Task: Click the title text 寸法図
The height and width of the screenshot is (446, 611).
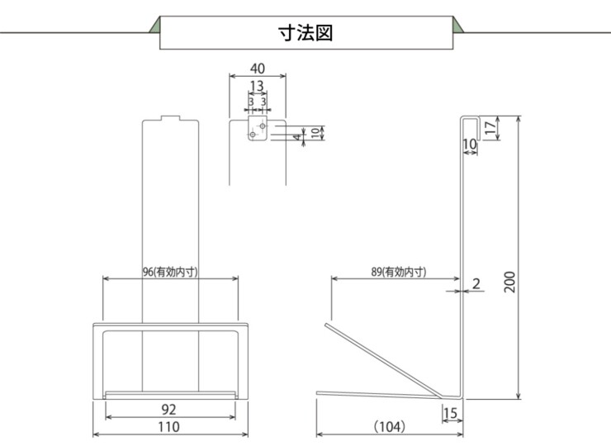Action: pos(305,33)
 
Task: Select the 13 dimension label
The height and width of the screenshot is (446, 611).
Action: pos(257,86)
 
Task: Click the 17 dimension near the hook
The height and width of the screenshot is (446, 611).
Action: pos(490,128)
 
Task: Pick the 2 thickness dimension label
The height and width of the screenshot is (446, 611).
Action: pos(476,284)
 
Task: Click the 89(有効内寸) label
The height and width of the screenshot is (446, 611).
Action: pos(400,271)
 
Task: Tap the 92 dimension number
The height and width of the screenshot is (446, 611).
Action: pos(169,409)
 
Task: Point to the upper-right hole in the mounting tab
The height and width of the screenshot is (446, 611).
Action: pos(262,126)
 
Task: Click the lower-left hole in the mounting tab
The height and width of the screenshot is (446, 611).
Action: pos(253,135)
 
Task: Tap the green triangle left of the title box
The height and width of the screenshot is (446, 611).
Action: pos(154,25)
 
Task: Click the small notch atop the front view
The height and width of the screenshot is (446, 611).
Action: pos(169,118)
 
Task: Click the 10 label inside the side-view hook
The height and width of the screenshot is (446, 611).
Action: pos(470,145)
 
